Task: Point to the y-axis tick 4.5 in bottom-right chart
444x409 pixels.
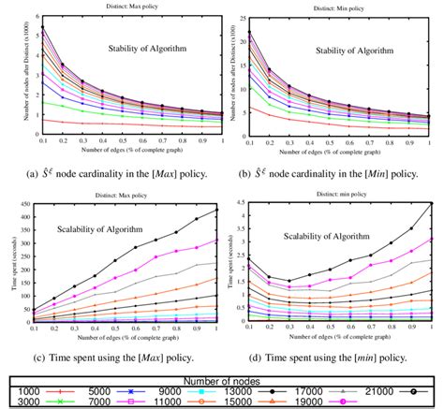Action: tap(242, 202)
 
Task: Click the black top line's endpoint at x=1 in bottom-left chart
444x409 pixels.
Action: tap(216, 211)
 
